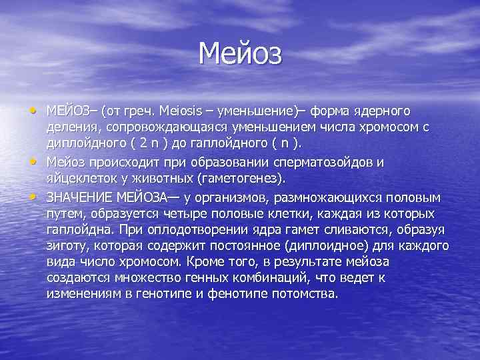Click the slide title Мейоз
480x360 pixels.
[241, 52]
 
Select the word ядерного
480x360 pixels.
[379, 109]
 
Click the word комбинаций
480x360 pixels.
[286, 278]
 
